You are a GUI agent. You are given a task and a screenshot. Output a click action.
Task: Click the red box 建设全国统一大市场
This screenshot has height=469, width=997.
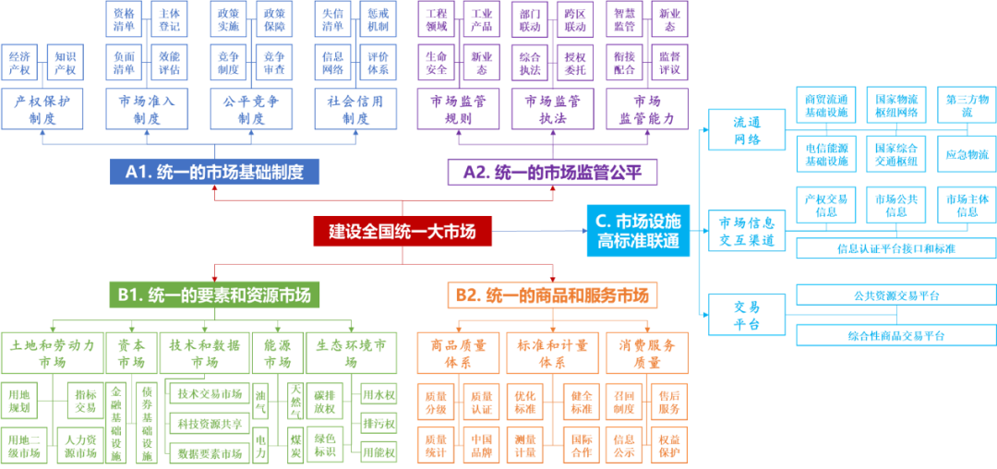click(402, 231)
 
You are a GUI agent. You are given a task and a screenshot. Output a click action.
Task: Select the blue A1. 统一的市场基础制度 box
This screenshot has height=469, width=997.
click(214, 172)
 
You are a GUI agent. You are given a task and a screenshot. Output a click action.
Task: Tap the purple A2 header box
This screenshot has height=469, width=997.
click(552, 172)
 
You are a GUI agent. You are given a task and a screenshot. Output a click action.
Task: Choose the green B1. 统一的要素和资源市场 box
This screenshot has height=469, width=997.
click(214, 295)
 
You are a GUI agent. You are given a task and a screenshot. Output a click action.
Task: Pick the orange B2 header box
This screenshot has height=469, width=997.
click(552, 295)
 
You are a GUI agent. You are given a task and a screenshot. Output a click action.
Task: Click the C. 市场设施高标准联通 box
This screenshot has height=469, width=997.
click(638, 231)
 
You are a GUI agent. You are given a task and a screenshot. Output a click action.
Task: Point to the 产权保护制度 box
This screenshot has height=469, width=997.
click(42, 108)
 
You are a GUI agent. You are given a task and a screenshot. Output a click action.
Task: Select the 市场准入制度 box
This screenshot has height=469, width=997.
click(147, 108)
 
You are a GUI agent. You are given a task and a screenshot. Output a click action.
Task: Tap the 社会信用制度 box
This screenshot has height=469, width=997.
click(355, 108)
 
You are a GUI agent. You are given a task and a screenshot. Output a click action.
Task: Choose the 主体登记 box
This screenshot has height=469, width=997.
click(169, 19)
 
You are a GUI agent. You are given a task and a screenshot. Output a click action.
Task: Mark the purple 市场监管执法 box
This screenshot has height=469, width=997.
click(551, 108)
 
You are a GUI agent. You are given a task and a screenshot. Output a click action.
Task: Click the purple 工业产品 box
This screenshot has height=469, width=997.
click(480, 19)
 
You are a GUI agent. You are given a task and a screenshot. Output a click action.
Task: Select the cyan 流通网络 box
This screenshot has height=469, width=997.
click(746, 130)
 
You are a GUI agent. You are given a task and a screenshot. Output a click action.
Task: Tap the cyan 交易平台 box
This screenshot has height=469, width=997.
click(746, 314)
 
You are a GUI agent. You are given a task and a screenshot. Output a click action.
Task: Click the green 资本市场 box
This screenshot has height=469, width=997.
click(130, 353)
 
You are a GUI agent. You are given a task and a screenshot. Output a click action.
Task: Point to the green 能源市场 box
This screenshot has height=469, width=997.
click(276, 353)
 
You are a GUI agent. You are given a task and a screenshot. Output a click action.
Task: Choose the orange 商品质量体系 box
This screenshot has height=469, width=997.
click(458, 353)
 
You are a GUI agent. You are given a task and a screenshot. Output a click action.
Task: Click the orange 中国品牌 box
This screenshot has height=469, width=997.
click(480, 443)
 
